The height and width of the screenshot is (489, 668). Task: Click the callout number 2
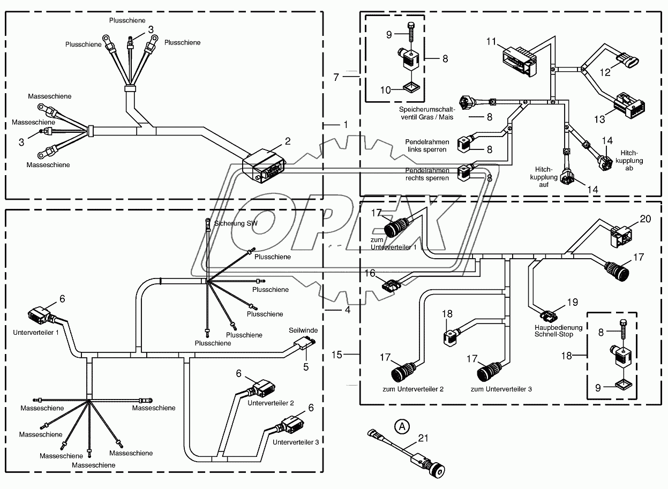[288, 141]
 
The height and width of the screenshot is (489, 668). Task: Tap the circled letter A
[402, 427]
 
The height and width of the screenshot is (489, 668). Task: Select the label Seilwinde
[303, 330]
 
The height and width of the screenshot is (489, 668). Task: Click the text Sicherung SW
[236, 223]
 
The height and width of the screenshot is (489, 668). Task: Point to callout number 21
[423, 438]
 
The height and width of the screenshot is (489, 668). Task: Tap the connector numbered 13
[629, 105]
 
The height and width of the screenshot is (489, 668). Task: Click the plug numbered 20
[620, 236]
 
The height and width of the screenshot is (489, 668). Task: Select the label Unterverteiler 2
[271, 403]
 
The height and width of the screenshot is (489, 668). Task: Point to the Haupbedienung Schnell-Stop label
[558, 331]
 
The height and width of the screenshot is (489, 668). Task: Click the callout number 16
[370, 273]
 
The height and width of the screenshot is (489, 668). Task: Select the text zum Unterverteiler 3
[501, 389]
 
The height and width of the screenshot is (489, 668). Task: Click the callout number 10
[385, 90]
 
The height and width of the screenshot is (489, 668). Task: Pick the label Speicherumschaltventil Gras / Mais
[427, 114]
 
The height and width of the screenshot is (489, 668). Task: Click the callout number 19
[573, 303]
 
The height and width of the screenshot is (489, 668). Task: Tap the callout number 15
[337, 355]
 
